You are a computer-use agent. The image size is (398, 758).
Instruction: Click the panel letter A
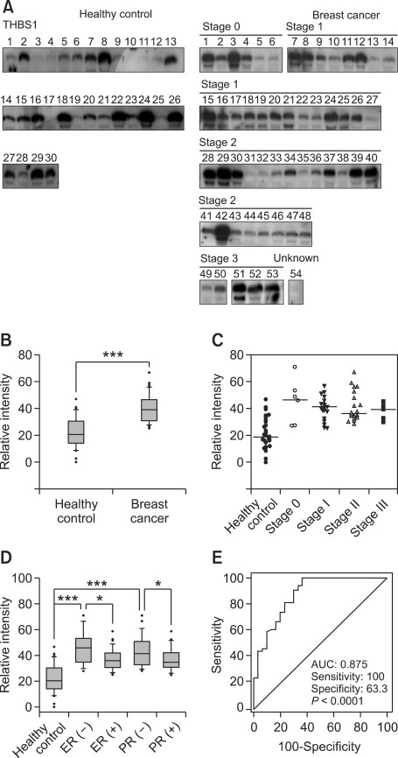(7, 8)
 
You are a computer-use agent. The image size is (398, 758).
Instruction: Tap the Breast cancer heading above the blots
(331, 13)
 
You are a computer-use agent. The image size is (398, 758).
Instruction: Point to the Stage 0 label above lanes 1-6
(220, 28)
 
